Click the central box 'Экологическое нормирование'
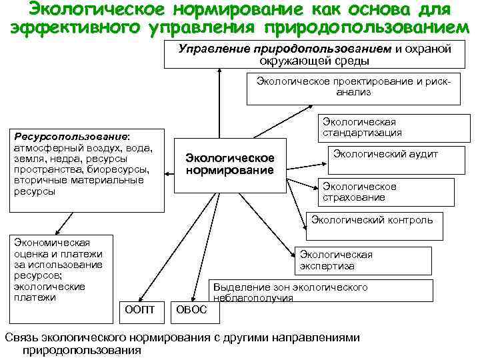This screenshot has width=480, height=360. click(230, 165)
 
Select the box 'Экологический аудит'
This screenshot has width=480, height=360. click(385, 155)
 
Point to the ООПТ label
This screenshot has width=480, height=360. click(139, 309)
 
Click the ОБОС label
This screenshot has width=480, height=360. click(191, 309)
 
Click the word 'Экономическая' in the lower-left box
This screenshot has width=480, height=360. click(52, 243)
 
